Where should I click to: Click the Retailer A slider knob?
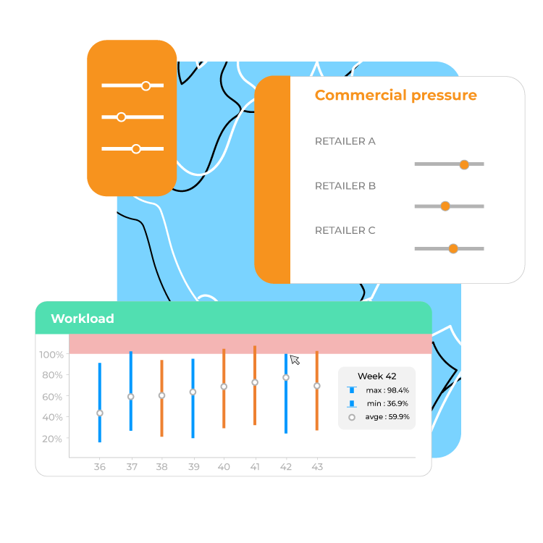464,164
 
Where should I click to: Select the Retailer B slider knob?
445,206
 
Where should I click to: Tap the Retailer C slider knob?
453,248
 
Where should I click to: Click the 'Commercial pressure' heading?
396,96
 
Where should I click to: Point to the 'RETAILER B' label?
345,186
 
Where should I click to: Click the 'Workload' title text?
83,319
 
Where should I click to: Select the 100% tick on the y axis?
51,355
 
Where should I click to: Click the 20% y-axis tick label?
52,439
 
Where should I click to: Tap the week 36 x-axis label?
100,467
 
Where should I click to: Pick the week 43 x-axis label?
317,467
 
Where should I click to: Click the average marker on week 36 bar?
100,413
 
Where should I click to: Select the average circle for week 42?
286,377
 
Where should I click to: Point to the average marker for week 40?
224,387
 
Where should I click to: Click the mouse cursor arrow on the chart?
295,359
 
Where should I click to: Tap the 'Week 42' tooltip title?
376,376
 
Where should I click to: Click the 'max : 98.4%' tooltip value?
387,390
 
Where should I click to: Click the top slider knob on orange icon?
146,86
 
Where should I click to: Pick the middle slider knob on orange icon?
121,117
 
